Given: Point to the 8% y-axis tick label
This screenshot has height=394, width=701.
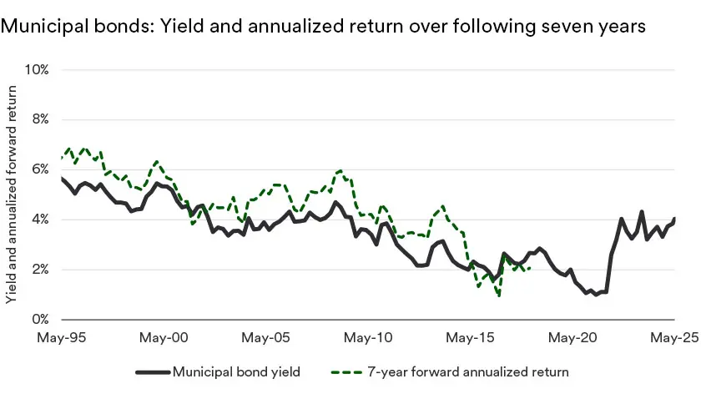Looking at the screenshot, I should [x=40, y=119].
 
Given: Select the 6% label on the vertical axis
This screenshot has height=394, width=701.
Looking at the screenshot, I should [x=40, y=169].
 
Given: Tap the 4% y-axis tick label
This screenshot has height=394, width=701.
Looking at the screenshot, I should [x=40, y=220].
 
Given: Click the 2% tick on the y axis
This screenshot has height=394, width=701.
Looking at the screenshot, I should [x=40, y=270].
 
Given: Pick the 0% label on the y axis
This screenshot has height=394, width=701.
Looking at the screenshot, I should [x=40, y=320].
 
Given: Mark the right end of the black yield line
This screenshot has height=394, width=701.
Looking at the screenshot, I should [x=674, y=219].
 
